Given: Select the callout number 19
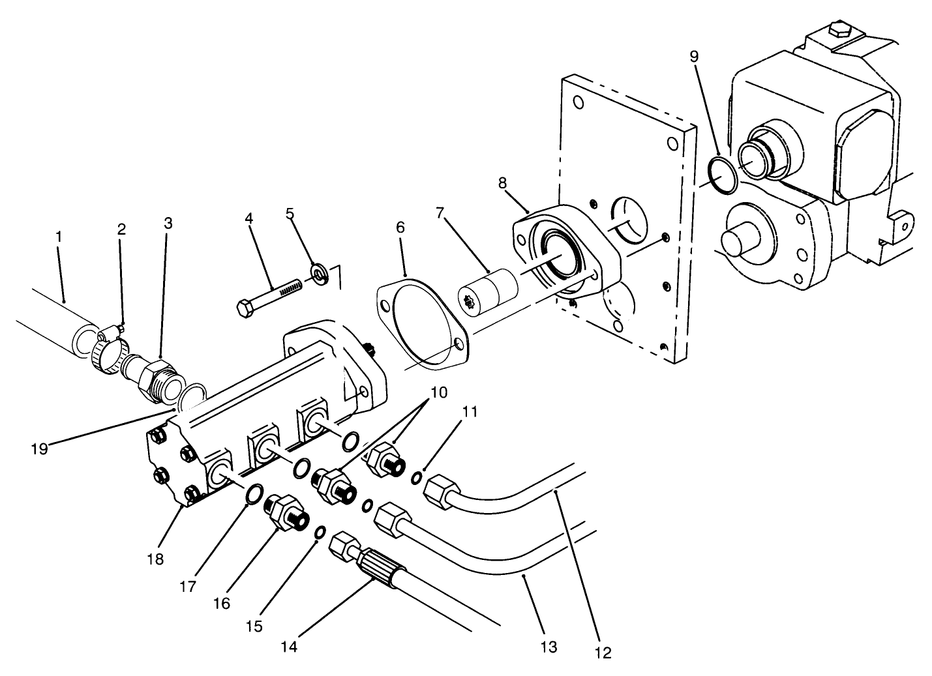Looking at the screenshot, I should (39, 448).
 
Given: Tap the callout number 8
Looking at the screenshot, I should (502, 183).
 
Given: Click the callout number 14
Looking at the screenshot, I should (289, 646).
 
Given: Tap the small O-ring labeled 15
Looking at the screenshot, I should (320, 533).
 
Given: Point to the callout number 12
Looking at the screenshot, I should (603, 652).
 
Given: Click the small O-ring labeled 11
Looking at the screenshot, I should (416, 480).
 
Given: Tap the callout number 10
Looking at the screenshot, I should (438, 392).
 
